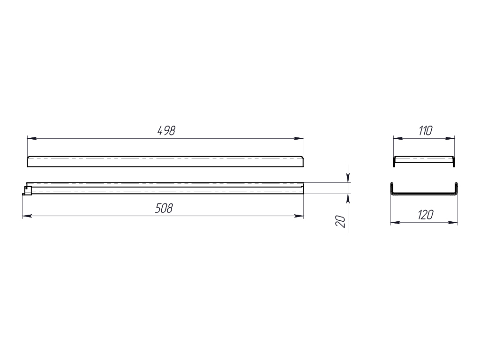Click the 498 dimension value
(x=166, y=131)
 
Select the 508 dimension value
(x=164, y=209)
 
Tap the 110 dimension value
(x=425, y=131)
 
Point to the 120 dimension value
(x=426, y=215)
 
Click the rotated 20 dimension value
(x=340, y=221)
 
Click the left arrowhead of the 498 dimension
(x=32, y=138)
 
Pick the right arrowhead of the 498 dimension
(x=299, y=138)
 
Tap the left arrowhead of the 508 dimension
(x=27, y=216)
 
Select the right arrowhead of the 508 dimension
(x=299, y=216)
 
